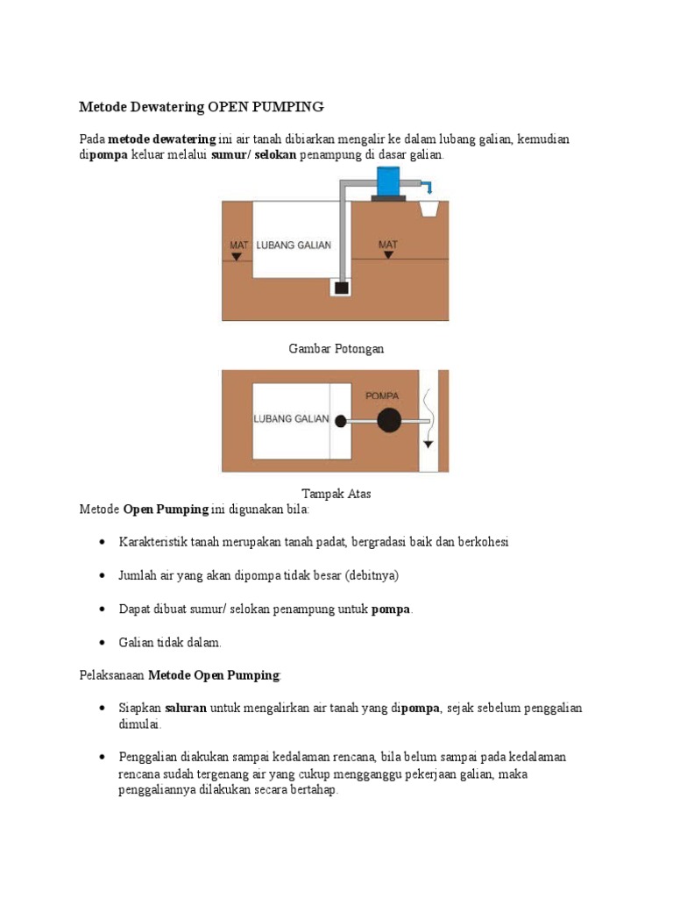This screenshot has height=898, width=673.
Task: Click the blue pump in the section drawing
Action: [386, 182]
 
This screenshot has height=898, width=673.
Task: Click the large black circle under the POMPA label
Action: [389, 421]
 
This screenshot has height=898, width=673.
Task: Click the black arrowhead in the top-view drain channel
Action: [428, 444]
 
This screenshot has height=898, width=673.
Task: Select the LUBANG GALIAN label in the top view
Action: [291, 419]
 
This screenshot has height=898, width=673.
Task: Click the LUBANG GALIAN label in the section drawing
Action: [294, 245]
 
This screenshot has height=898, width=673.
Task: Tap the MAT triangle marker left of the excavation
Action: [237, 256]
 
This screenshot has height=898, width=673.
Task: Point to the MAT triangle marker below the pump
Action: [388, 255]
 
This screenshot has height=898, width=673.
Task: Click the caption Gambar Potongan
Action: [336, 349]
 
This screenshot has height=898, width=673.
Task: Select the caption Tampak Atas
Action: [336, 494]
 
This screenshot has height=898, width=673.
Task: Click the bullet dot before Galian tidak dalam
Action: [103, 643]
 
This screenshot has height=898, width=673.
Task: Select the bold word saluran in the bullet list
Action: [186, 709]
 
